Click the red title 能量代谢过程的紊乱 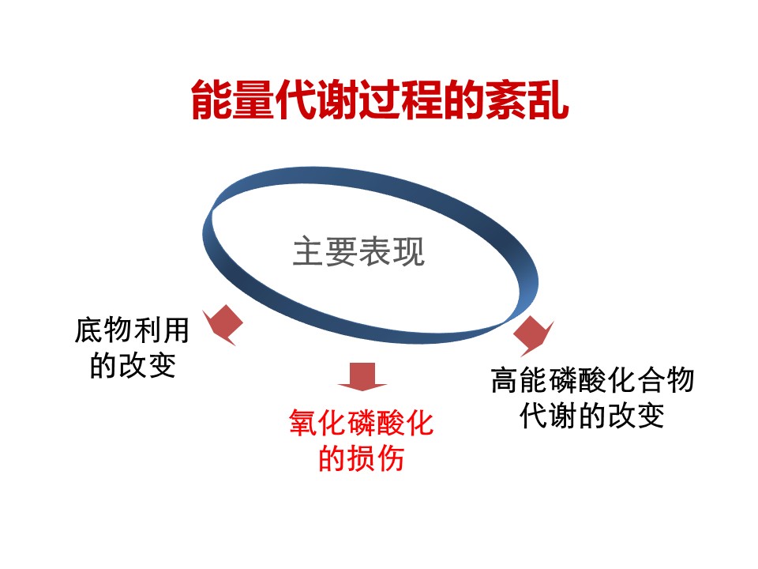[x=380, y=100]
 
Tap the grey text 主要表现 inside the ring [x=358, y=251]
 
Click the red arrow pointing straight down [x=362, y=376]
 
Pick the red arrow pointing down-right [x=533, y=335]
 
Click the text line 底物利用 [x=132, y=330]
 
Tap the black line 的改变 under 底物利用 [x=133, y=365]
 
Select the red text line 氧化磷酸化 [x=361, y=422]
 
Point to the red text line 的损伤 [x=361, y=458]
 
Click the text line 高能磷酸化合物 [x=593, y=380]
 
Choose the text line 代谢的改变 [x=592, y=415]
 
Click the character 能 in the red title [x=212, y=100]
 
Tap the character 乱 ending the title [x=548, y=100]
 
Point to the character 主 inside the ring [x=309, y=251]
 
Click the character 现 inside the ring [x=409, y=251]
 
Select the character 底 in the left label [x=89, y=330]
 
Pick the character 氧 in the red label [x=303, y=422]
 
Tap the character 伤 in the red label [x=390, y=458]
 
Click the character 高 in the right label [x=505, y=380]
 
